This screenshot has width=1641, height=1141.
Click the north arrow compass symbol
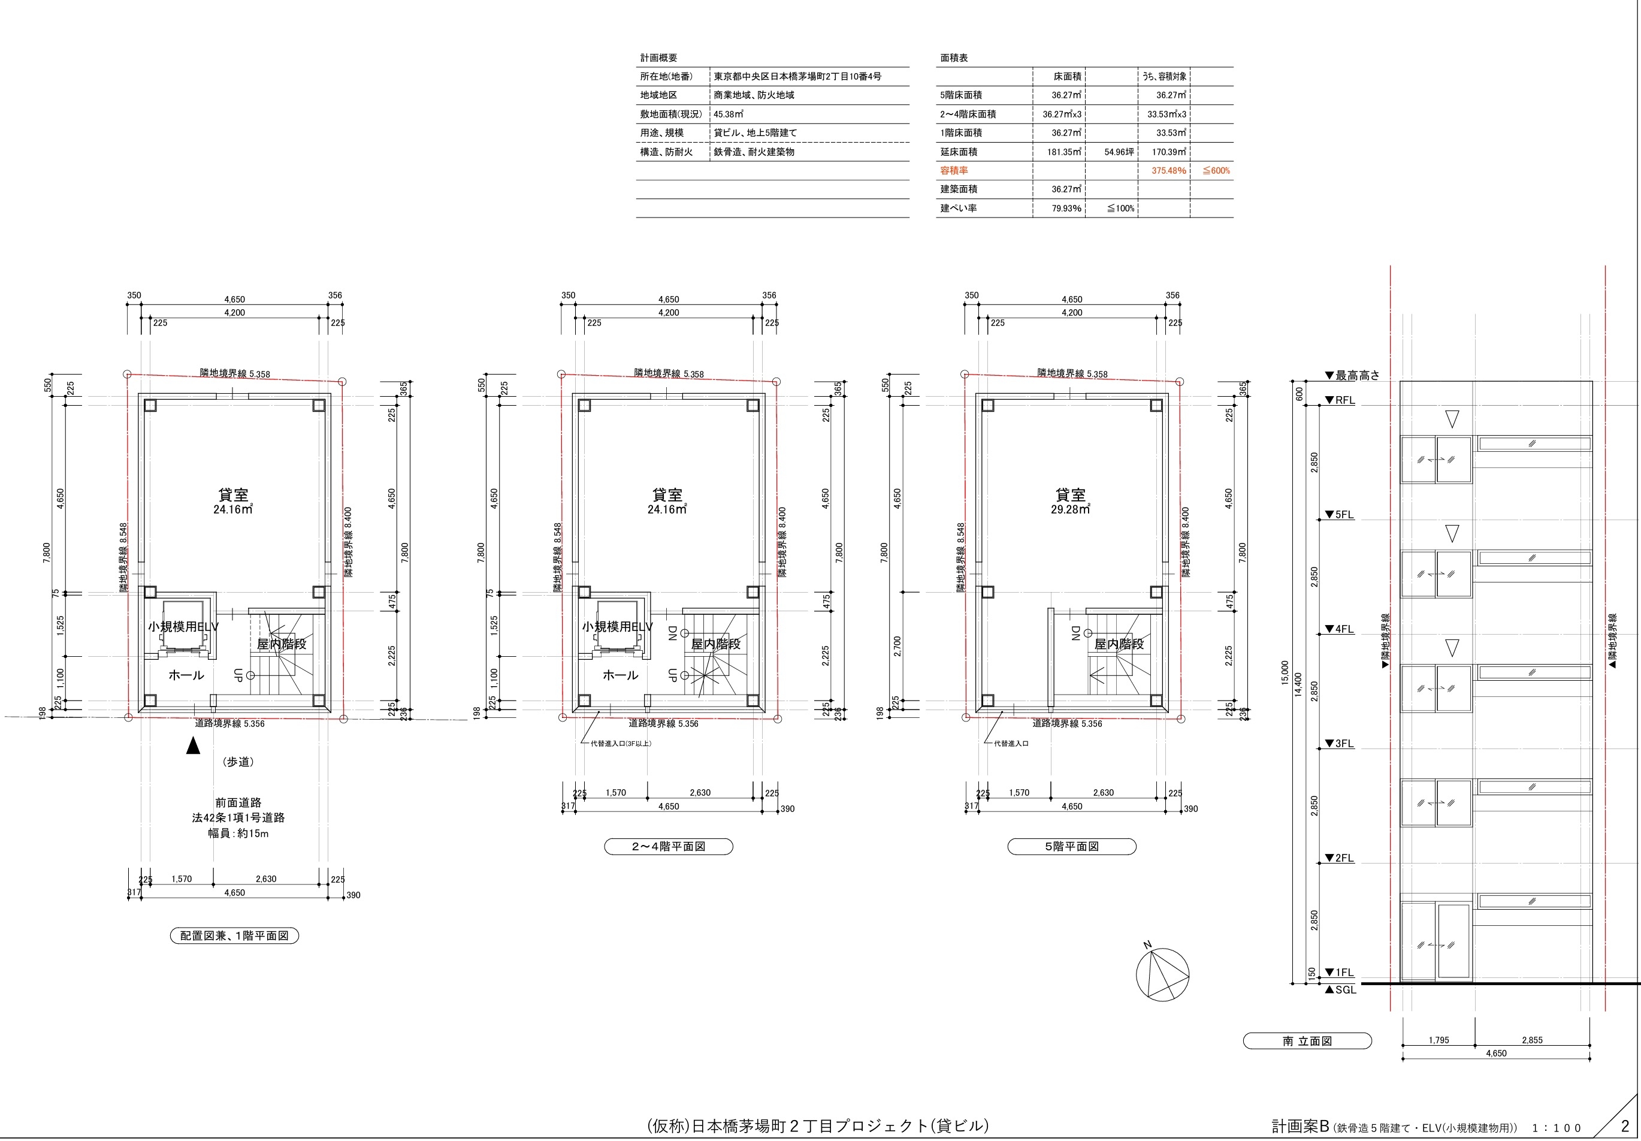pyautogui.click(x=1163, y=974)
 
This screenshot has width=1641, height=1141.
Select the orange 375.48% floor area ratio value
pyautogui.click(x=1168, y=171)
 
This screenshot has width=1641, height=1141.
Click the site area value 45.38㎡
pyautogui.click(x=729, y=114)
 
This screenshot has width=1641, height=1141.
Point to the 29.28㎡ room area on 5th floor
pyautogui.click(x=1070, y=510)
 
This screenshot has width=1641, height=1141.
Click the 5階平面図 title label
pyautogui.click(x=1071, y=846)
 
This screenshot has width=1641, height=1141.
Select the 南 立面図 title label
pyautogui.click(x=1307, y=1041)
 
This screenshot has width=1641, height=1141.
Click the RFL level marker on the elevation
pyautogui.click(x=1340, y=400)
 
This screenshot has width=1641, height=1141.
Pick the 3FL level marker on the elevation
pyautogui.click(x=1340, y=744)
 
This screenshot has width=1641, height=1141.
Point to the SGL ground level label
pyautogui.click(x=1340, y=989)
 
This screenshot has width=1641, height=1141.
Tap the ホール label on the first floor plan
pyautogui.click(x=186, y=675)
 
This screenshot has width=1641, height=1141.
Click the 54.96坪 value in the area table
pyautogui.click(x=1119, y=152)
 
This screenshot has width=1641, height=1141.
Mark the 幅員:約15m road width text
pyautogui.click(x=238, y=833)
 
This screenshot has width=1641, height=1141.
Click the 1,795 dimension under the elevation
pyautogui.click(x=1438, y=1040)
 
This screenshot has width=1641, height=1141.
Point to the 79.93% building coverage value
pyautogui.click(x=1066, y=209)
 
